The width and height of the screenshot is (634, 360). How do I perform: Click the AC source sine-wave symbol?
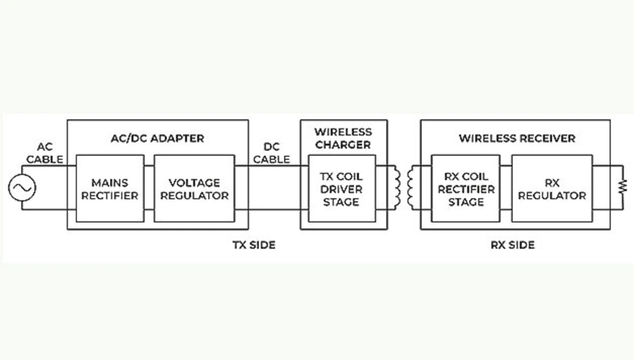click(22, 188)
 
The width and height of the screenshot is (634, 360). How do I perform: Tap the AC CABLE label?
click(45, 153)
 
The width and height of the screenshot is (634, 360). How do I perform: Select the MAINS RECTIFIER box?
click(110, 189)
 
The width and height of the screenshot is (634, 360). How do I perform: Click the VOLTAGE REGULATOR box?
click(195, 189)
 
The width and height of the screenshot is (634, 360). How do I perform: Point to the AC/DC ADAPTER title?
click(158, 138)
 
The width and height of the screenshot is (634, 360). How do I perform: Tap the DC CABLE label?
click(271, 153)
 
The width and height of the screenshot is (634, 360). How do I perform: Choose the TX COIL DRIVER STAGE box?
click(342, 189)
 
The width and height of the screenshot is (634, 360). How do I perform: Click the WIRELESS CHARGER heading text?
click(343, 138)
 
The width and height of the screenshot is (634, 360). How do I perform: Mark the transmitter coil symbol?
click(397, 188)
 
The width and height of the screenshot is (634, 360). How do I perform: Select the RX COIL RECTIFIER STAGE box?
click(466, 189)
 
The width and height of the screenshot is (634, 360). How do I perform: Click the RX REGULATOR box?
click(552, 189)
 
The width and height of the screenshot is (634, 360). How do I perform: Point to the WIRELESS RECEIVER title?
click(517, 138)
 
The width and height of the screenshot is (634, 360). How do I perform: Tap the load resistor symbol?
click(623, 187)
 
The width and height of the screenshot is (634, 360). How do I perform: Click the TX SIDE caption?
click(254, 245)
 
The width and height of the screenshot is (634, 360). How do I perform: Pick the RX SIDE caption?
click(513, 245)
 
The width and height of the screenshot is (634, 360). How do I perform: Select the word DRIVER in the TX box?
click(341, 189)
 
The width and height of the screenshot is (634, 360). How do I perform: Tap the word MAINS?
click(110, 183)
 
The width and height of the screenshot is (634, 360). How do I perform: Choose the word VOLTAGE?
click(195, 183)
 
